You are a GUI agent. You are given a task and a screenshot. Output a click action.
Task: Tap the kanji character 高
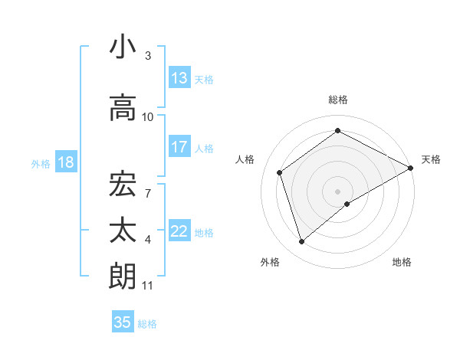(x=123, y=107)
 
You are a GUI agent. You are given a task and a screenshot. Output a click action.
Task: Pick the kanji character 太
(x=123, y=231)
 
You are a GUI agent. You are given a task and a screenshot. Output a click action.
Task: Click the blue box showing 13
(x=179, y=78)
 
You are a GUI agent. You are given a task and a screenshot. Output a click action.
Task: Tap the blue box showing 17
(x=179, y=147)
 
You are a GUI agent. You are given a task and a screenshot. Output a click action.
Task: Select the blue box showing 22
(x=179, y=231)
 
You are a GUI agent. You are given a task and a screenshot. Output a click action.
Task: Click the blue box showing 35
(x=123, y=322)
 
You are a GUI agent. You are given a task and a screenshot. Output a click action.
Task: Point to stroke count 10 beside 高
(x=148, y=117)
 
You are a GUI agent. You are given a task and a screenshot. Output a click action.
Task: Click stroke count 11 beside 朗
(x=148, y=286)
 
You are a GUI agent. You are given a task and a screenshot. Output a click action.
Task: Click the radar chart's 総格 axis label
(x=337, y=100)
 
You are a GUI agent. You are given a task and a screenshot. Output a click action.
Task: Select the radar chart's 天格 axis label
(x=431, y=159)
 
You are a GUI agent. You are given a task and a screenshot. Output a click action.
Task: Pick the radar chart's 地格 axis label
(x=402, y=263)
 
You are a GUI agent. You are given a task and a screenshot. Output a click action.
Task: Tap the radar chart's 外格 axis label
(x=270, y=263)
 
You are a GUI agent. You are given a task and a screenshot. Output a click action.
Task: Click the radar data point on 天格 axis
(x=412, y=168)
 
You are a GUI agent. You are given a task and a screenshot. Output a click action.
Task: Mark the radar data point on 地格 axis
(x=347, y=204)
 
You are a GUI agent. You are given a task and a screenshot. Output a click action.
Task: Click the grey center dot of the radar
(x=337, y=191)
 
